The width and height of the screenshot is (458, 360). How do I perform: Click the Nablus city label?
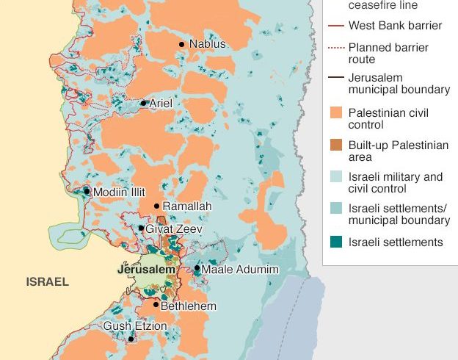click(x=208, y=44)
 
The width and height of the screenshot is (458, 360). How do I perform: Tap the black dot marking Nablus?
click(x=182, y=45)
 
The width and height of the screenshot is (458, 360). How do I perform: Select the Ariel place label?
click(x=161, y=104)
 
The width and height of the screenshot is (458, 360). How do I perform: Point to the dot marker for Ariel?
click(x=144, y=103)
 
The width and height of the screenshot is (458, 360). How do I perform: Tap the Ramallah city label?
click(x=186, y=206)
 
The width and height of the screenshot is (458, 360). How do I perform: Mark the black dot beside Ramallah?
click(x=156, y=206)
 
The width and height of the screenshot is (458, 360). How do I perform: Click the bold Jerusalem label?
click(x=147, y=270)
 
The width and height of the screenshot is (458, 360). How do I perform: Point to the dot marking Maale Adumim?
click(x=197, y=268)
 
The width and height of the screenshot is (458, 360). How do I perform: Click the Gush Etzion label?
click(x=128, y=326)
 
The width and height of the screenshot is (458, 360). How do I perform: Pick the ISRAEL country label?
click(x=47, y=281)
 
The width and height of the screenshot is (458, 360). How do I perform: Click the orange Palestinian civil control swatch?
click(x=335, y=113)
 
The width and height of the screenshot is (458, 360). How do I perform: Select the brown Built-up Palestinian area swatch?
click(x=335, y=145)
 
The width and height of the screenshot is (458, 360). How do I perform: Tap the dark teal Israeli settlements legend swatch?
click(x=335, y=242)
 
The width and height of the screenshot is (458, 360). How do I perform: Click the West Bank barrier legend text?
click(x=395, y=26)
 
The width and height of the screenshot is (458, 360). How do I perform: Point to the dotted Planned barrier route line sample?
click(x=335, y=48)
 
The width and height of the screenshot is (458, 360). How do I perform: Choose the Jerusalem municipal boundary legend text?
click(x=399, y=83)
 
